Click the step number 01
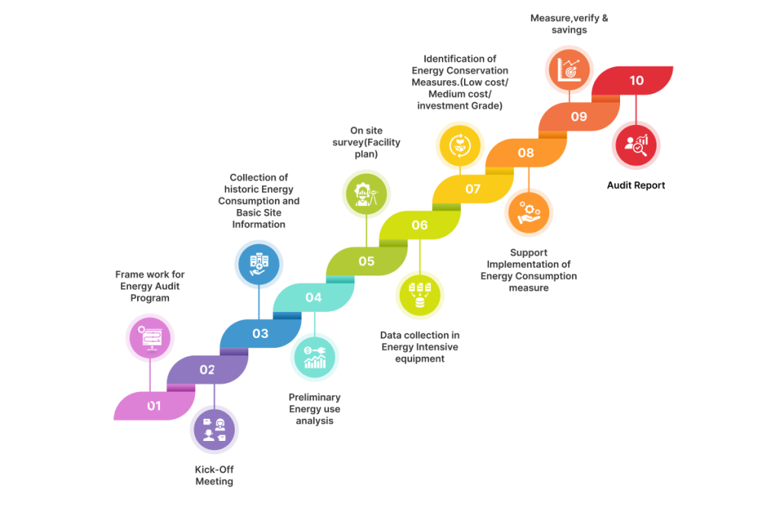click(x=155, y=406)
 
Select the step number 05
click(x=366, y=261)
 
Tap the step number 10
click(x=636, y=80)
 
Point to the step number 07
click(x=473, y=188)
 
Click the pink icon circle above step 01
click(x=150, y=337)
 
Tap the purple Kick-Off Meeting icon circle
click(x=215, y=429)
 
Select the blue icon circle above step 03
click(x=259, y=265)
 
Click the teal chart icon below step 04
click(x=315, y=357)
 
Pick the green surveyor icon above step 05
click(x=366, y=194)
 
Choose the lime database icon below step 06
click(x=420, y=294)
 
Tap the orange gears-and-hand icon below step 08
click(x=529, y=212)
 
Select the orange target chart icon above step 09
click(x=570, y=69)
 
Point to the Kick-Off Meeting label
click(x=214, y=475)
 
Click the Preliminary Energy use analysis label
click(x=315, y=409)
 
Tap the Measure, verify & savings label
click(x=569, y=24)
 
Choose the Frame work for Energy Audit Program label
click(x=150, y=286)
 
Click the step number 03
click(x=261, y=333)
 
